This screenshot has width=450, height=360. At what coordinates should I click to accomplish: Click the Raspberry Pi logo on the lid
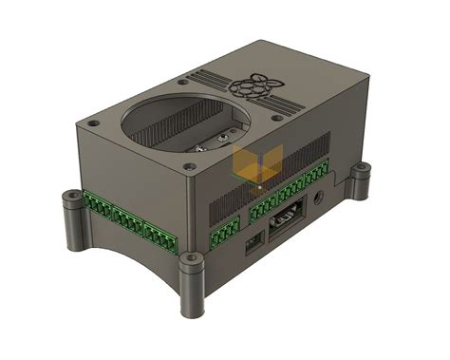[252, 86]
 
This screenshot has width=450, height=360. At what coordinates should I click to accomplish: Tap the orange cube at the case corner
[250, 167]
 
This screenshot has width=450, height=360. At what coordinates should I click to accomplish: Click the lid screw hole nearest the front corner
[194, 167]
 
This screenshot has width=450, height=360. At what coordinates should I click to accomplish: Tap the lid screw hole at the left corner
[93, 122]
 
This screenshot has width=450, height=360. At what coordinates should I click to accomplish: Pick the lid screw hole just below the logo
[276, 119]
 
